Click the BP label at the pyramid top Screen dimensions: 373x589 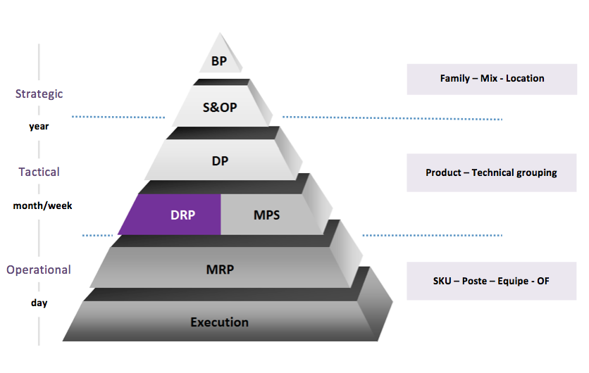[219, 61]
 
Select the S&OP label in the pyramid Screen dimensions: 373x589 [220, 109]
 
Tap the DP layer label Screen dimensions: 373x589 [220, 160]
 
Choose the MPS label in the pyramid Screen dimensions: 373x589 [266, 215]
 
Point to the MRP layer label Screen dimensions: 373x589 [220, 269]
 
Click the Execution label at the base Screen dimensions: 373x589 [219, 322]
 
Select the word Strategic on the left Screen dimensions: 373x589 [39, 94]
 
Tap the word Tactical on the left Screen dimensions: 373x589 [39, 172]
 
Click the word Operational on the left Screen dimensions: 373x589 [39, 270]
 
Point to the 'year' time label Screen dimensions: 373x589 [39, 127]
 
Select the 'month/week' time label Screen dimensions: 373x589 [42, 206]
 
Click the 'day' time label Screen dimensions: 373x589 [39, 303]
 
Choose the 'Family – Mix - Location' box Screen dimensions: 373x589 [492, 78]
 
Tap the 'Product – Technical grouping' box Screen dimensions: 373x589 [491, 172]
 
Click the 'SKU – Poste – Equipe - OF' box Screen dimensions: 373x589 [491, 281]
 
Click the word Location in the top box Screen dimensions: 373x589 [525, 78]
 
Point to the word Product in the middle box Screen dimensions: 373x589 [444, 172]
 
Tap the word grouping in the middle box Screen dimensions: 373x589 [536, 172]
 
